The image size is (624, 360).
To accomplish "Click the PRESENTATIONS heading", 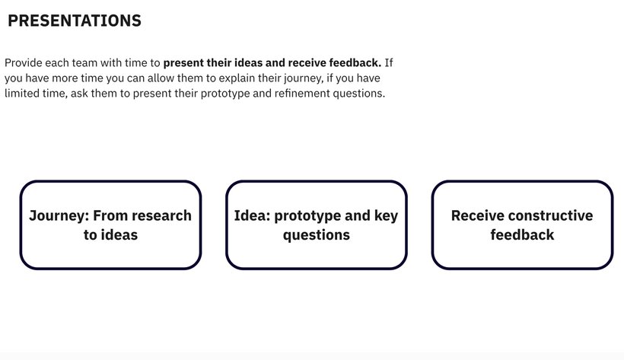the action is coord(75,21).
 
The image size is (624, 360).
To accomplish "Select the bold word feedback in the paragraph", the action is coord(355,63).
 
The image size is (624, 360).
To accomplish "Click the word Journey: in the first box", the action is coord(59,216).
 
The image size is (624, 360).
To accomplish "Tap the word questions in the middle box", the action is coord(317,235).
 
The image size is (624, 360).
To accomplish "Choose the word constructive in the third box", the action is coord(550,215).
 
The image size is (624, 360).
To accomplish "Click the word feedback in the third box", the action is coord(522,234).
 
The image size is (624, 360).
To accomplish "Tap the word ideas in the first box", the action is coord(119,234).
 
